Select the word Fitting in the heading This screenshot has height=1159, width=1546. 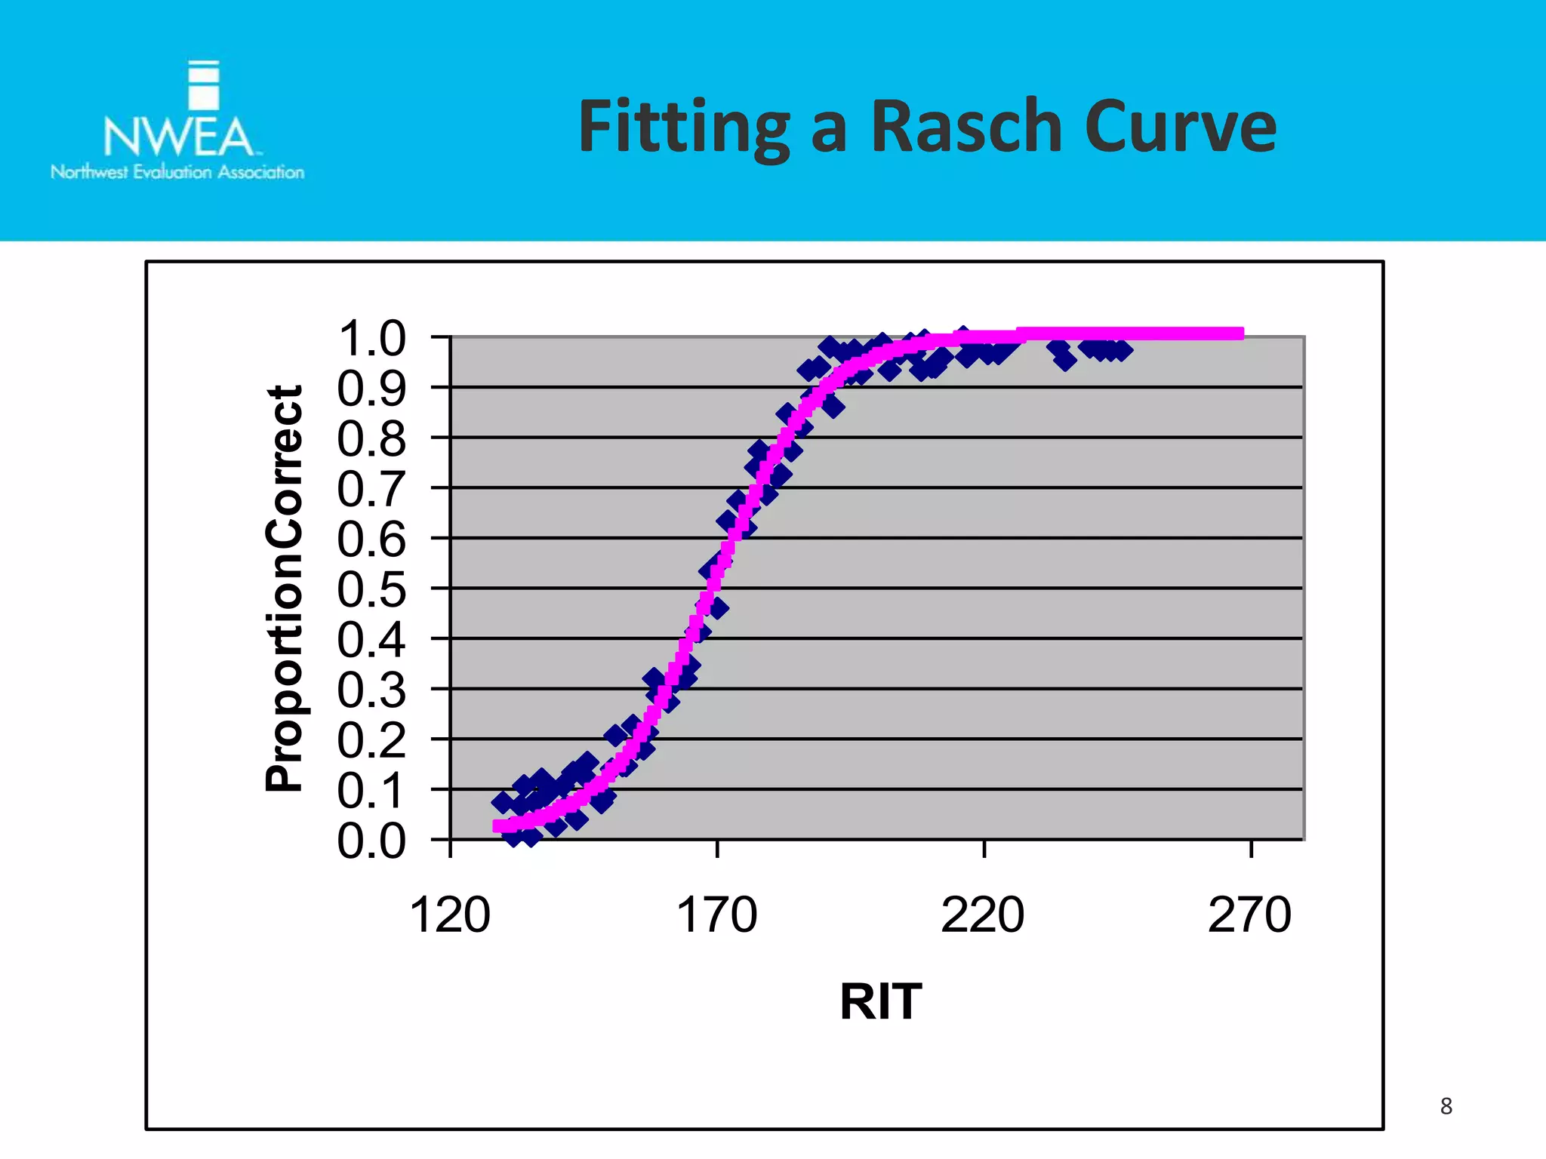pos(684,127)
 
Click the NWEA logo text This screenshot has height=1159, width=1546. pos(178,137)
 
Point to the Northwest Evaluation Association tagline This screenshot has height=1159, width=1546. pos(177,172)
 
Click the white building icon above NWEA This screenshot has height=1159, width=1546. pos(203,85)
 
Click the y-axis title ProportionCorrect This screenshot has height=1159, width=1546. pos(285,589)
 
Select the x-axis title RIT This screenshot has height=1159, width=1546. pos(880,1001)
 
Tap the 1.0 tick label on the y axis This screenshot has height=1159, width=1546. pos(371,338)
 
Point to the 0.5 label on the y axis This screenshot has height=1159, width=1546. pos(371,589)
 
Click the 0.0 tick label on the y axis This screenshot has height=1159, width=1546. pos(371,841)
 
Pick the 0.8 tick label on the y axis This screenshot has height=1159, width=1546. pos(371,438)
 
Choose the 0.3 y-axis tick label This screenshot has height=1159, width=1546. pos(371,690)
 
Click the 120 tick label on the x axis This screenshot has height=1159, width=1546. pos(450,915)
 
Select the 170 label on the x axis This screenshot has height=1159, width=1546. pos(716,915)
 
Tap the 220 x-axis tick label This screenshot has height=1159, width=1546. pos(983,915)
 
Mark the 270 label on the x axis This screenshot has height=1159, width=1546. pos(1249,915)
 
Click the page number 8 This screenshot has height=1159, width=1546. pos(1446,1106)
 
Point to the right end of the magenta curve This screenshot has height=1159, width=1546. pos(1240,334)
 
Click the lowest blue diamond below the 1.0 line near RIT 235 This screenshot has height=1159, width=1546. pos(1065,361)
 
